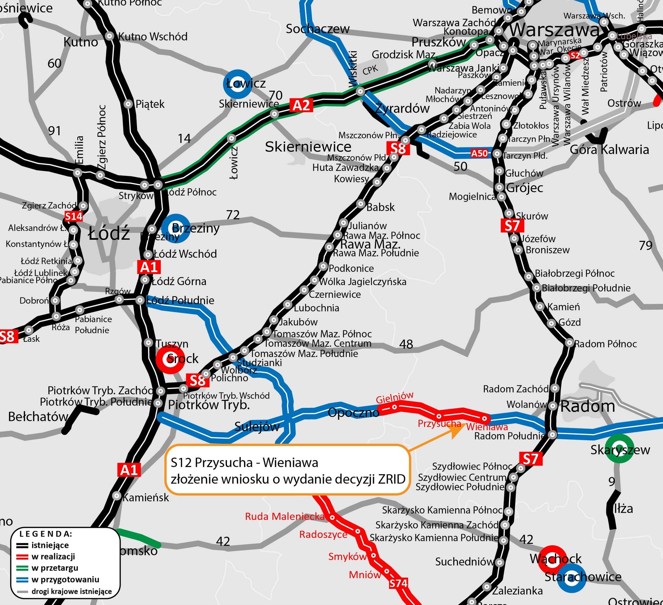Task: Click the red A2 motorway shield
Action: pos(301,105)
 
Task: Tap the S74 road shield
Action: pos(398,583)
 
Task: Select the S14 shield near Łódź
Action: pos(73,216)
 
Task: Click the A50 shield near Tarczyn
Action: pos(479,153)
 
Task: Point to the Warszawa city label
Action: pos(554,30)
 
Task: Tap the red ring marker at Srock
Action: pos(170,359)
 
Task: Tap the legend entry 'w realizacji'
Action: pos(53,557)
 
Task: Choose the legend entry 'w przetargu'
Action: pos(54,568)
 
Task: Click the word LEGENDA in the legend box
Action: pos(46,534)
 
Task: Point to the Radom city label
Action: pos(588,406)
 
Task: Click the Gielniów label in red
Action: pos(394,397)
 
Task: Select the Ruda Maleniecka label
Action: pos(285,517)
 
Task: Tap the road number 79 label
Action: pos(646,245)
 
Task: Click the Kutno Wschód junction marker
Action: pos(109,36)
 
